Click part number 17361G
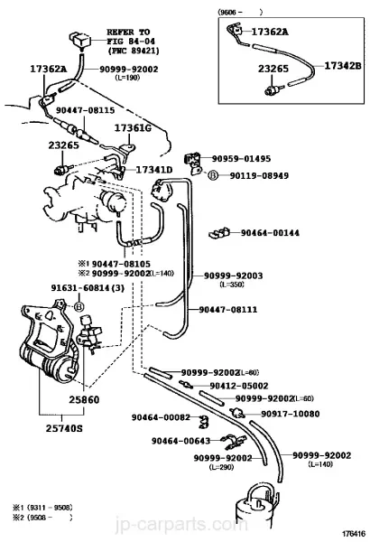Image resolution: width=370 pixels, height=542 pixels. (x=133, y=128)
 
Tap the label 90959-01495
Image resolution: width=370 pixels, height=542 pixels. (x=241, y=159)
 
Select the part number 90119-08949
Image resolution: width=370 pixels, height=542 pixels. (x=259, y=175)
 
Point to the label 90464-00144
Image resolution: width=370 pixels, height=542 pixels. (x=270, y=233)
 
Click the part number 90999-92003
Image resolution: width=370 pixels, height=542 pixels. (x=233, y=276)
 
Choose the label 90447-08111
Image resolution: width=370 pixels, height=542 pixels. (x=228, y=309)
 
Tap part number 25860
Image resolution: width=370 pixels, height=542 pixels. (x=84, y=399)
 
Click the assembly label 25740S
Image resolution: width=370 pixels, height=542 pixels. (x=64, y=428)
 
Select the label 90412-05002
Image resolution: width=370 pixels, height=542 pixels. (x=239, y=386)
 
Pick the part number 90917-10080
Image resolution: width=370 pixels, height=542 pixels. (x=291, y=414)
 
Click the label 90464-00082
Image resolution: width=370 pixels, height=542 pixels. (x=161, y=417)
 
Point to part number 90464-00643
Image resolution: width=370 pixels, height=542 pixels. (x=180, y=441)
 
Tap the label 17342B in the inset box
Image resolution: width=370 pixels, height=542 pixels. (x=343, y=65)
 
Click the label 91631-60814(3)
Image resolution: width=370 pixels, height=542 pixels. (x=88, y=287)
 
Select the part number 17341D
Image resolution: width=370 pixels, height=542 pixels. (x=154, y=170)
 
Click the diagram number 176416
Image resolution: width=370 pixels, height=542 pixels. (x=354, y=534)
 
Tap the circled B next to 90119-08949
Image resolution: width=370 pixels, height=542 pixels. (x=213, y=175)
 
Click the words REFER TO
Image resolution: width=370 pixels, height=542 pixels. (x=128, y=33)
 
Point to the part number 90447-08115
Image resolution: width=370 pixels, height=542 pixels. (x=86, y=110)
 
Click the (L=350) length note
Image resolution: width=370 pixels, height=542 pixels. (x=232, y=285)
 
